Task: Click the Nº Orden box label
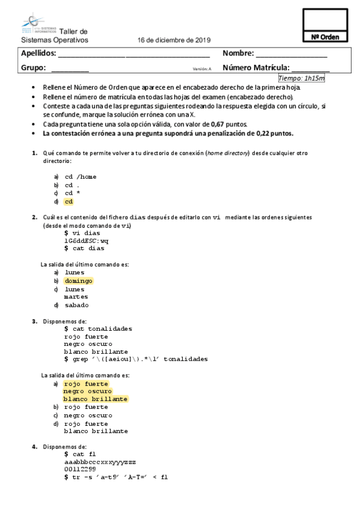(x=326, y=37)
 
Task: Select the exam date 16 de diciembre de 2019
(x=174, y=40)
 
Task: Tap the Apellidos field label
(x=38, y=54)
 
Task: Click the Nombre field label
(x=238, y=54)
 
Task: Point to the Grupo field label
(x=34, y=68)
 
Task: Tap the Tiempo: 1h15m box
(x=302, y=78)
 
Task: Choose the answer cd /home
(x=80, y=177)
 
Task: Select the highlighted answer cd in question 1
(x=69, y=201)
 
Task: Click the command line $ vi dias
(x=84, y=232)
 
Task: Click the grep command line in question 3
(x=135, y=359)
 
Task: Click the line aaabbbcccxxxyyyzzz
(x=100, y=461)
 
